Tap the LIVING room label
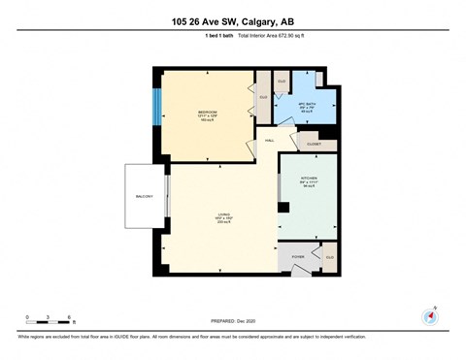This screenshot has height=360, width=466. [x=222, y=217]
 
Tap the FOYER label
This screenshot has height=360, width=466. [x=297, y=257]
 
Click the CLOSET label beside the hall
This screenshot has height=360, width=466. [x=315, y=144]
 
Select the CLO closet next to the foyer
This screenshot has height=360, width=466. [x=330, y=257]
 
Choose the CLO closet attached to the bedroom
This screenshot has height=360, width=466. [x=262, y=96]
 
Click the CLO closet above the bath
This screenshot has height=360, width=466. [x=282, y=82]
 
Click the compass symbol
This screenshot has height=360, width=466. [x=428, y=316]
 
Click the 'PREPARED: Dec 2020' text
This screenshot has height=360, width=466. [x=233, y=323]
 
